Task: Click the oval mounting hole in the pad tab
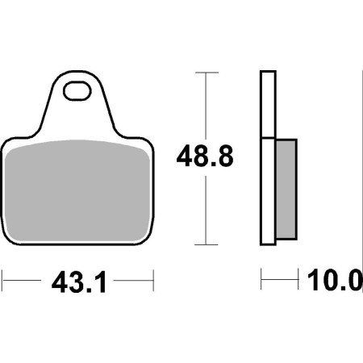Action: click(77, 91)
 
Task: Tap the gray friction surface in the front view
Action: click(77, 190)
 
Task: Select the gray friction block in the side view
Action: click(286, 190)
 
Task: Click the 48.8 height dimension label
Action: click(205, 156)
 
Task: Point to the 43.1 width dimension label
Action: click(79, 282)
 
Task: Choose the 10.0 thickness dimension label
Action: click(335, 281)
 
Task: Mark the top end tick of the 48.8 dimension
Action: click(207, 73)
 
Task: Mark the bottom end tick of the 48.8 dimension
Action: click(206, 244)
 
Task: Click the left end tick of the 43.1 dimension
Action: click(2, 281)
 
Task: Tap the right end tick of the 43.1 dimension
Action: click(153, 281)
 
